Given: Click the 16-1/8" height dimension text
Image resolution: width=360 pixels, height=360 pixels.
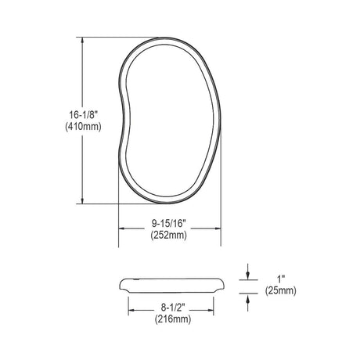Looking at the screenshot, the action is click(83, 114).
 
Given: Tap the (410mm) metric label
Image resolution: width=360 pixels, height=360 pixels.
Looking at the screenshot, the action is click(83, 127).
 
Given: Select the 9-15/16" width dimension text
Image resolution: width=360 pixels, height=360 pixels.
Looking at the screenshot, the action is click(168, 223).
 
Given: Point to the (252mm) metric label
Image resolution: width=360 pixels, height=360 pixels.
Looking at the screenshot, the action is click(168, 236).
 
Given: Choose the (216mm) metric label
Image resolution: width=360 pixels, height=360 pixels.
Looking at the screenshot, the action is click(173, 319).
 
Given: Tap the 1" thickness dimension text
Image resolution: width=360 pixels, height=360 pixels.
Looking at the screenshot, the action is click(280, 279).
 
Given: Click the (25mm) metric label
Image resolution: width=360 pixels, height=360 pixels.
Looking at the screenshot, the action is click(281, 291).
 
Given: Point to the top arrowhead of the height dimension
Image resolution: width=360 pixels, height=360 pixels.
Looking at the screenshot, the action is click(82, 41).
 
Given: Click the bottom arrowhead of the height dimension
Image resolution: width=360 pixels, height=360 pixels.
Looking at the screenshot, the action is click(82, 200).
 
